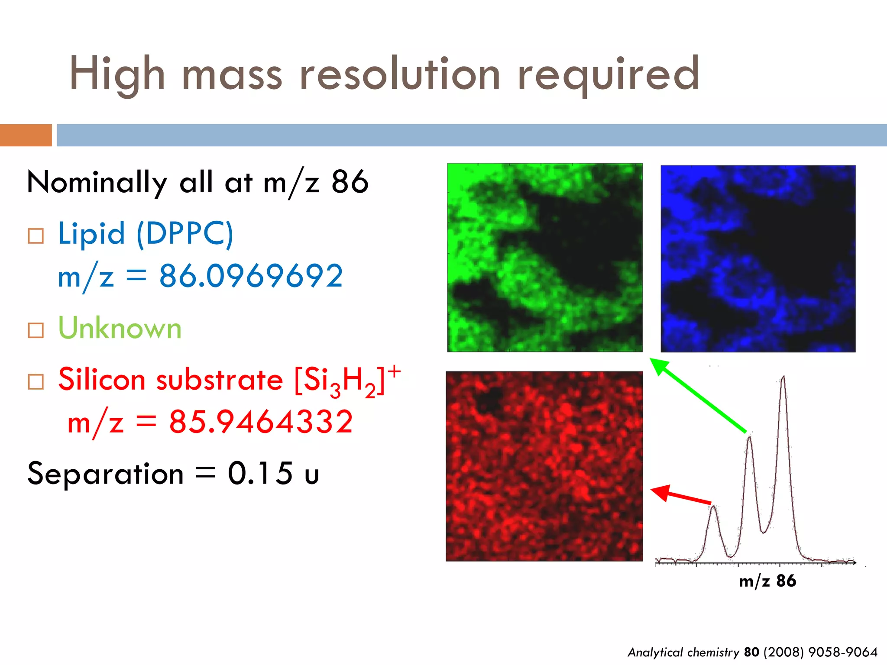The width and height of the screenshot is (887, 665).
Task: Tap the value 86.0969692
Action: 251,276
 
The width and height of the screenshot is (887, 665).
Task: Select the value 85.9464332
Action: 261,422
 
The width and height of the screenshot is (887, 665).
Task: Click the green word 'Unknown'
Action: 120,328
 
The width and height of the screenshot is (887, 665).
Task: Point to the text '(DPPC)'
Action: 185,234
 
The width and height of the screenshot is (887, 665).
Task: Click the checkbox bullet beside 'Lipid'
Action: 36,236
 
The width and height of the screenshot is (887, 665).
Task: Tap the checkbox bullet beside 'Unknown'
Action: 36,330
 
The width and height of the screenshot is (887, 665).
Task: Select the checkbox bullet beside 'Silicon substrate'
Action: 36,382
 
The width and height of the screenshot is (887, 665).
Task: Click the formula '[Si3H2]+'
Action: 347,380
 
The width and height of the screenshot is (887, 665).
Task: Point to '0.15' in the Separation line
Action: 260,473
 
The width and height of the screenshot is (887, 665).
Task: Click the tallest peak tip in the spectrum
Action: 783,378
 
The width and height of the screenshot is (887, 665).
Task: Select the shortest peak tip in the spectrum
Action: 713,507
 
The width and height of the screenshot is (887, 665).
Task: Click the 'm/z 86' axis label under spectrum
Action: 767,581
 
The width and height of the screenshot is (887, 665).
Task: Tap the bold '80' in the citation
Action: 751,652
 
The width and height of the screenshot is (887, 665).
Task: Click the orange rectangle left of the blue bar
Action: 26,135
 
